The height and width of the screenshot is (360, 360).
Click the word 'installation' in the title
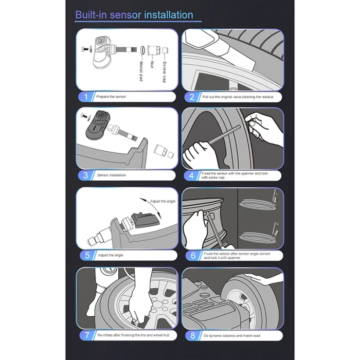pos(169,15)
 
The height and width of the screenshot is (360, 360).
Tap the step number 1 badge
pos(86,97)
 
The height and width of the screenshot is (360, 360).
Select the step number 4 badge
pos(191,176)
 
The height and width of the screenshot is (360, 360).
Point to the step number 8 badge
pos(193,336)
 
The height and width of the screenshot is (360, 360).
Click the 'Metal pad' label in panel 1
pos(141,71)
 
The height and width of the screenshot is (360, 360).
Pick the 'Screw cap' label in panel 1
pos(164,72)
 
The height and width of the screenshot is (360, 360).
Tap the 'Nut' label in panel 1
pos(152,64)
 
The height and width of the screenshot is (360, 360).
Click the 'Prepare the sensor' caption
pos(111,97)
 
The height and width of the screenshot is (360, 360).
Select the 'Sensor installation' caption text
pos(112,175)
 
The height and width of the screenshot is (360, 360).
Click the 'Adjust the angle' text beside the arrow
pos(163,202)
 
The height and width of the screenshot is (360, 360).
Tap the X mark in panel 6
pos(277,224)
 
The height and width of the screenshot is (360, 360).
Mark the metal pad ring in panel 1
pos(143,50)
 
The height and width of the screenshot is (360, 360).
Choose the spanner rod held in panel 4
pos(225,135)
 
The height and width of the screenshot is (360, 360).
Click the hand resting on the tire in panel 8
pos(262,278)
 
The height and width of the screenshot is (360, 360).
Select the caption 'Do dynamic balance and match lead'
pos(232,336)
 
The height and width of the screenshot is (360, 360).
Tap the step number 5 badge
pos(87,255)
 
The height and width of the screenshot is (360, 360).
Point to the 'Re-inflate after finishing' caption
pos(134,335)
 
